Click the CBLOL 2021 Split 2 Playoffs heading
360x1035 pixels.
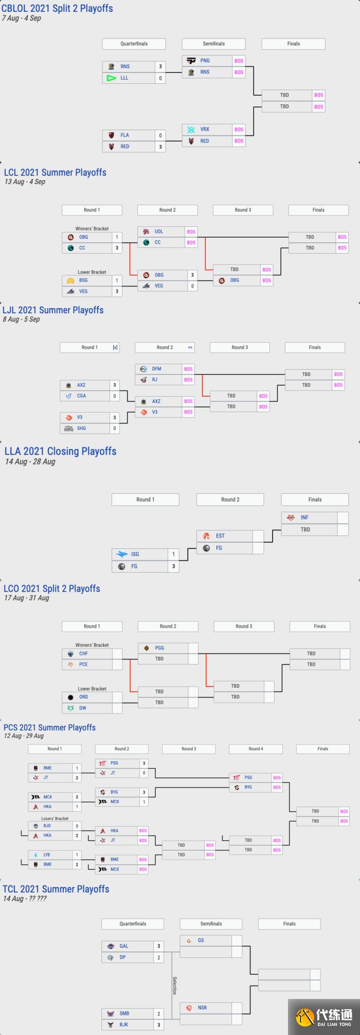click(58, 8)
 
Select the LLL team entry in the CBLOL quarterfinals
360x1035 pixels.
click(124, 78)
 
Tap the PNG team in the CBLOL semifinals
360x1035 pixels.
click(205, 61)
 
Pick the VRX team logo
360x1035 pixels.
click(191, 130)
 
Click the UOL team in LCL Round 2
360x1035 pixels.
click(158, 232)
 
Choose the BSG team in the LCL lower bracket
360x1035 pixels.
click(83, 281)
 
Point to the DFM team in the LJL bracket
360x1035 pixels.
click(157, 369)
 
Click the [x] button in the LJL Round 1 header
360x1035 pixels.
click(115, 348)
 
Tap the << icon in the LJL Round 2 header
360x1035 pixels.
click(190, 348)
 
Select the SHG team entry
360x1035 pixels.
click(81, 429)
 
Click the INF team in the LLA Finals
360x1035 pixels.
click(304, 517)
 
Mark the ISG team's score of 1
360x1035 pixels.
click(173, 555)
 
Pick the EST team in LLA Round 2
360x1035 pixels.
click(220, 536)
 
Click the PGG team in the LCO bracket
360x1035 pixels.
click(159, 648)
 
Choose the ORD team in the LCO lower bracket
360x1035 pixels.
click(83, 697)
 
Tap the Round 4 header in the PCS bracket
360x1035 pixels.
click(256, 749)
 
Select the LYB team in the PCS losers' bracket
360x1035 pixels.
click(47, 855)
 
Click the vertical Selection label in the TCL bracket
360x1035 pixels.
click(174, 985)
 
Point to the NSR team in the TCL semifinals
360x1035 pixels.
click(202, 1008)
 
